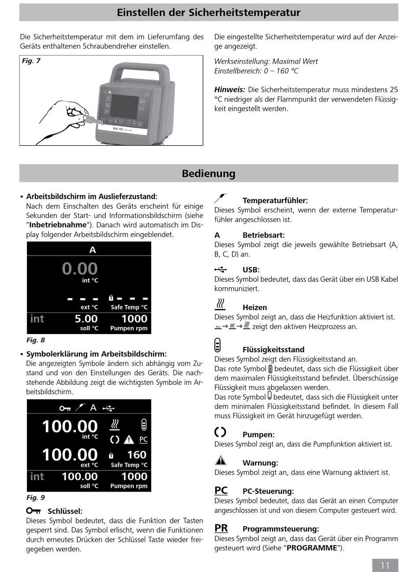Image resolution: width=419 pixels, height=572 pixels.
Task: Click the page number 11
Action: pos(385,565)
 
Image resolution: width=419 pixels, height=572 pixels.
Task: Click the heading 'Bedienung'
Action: pos(209,173)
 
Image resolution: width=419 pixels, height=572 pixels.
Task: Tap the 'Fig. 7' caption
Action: pos(31,61)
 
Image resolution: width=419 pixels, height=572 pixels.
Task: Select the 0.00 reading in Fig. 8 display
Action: pos(80,269)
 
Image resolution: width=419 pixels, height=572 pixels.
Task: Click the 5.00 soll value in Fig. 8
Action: pos(86,319)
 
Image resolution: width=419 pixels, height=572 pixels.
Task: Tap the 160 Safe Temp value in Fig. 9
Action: pos(137,455)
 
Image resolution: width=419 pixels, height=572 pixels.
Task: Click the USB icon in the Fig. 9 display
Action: pos(108,408)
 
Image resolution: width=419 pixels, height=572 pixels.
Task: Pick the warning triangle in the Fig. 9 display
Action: pos(129,440)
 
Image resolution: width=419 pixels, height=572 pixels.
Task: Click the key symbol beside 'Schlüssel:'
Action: pos(34,511)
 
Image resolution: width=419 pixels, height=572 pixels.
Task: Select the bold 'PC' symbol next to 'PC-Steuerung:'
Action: pos(221,490)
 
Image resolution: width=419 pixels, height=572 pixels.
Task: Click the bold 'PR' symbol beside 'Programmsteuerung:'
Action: pos(221,528)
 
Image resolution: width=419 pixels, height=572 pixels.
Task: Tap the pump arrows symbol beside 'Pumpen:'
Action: pos(220,432)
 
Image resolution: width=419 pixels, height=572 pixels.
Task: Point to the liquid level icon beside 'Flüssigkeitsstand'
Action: pos(217,345)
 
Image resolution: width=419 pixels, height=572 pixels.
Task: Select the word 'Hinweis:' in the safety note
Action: pos(229,90)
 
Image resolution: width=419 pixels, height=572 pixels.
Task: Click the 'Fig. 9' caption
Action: pos(36,498)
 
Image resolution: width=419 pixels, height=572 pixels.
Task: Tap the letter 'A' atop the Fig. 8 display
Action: pos(93,250)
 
